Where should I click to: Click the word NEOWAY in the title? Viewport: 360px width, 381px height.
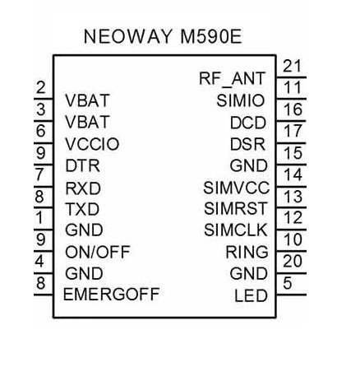coord(128,36)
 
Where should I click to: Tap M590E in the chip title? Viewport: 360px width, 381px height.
coord(211,36)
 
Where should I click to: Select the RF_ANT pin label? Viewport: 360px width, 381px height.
coord(232,79)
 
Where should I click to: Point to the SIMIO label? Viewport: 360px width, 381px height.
coord(241,100)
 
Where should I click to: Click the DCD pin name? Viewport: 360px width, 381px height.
coord(248,123)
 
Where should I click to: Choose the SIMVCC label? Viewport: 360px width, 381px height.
coord(236,188)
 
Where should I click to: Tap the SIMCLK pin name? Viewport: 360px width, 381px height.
coord(236,230)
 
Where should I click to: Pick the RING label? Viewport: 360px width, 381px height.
coord(247,252)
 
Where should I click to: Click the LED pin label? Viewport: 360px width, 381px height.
coord(251,295)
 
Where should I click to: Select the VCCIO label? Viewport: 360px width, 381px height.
coord(92,144)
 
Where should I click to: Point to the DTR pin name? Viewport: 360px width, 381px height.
coord(82,165)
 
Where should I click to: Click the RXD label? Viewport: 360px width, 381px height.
coord(83,188)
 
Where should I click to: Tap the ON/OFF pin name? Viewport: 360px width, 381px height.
coord(98,252)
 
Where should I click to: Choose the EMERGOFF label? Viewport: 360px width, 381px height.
coord(111,295)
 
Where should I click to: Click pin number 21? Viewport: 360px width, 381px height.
coord(293,66)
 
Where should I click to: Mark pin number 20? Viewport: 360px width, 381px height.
coord(293,261)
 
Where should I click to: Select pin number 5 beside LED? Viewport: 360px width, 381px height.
coord(288,283)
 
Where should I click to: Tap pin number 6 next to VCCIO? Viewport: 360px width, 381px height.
coord(40,130)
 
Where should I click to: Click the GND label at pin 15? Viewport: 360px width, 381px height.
coord(248,165)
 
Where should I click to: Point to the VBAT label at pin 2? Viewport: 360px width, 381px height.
coord(87,100)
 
